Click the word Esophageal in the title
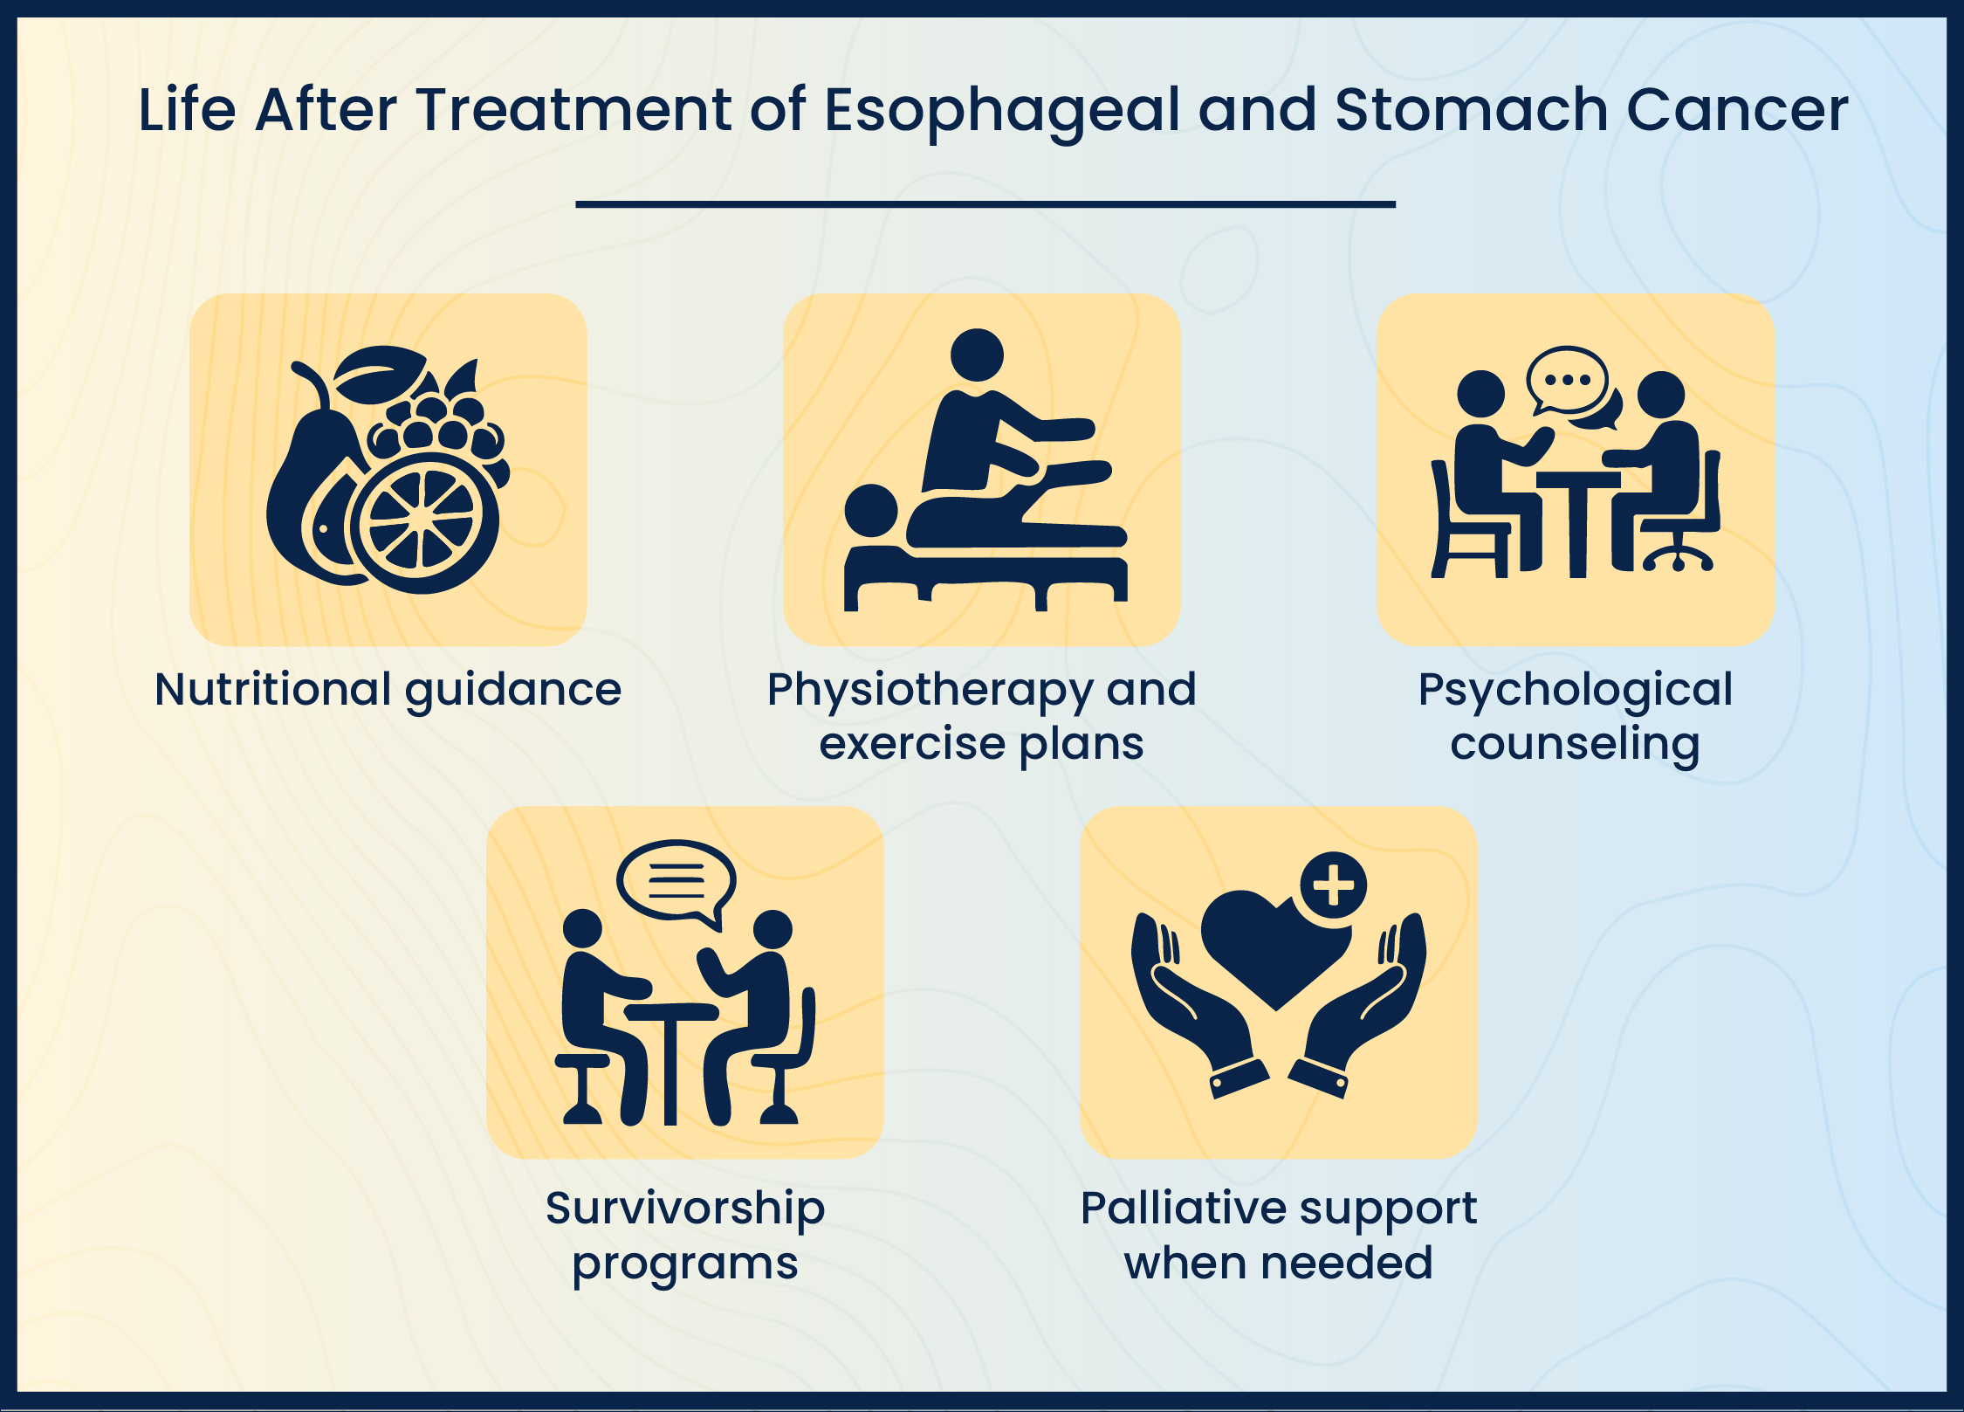click(x=1003, y=112)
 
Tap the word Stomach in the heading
click(x=1471, y=110)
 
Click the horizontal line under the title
click(x=985, y=204)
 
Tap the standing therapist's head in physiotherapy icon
click(x=977, y=355)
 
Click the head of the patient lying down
click(x=871, y=511)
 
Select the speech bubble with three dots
click(x=1567, y=381)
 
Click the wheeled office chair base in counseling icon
click(x=1678, y=559)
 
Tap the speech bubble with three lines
click(x=676, y=880)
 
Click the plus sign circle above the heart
click(x=1333, y=885)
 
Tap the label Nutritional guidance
click(x=388, y=690)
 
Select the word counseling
click(x=1575, y=744)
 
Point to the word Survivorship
click(x=684, y=1209)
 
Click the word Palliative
click(x=1183, y=1209)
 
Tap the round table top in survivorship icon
click(x=670, y=1011)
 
